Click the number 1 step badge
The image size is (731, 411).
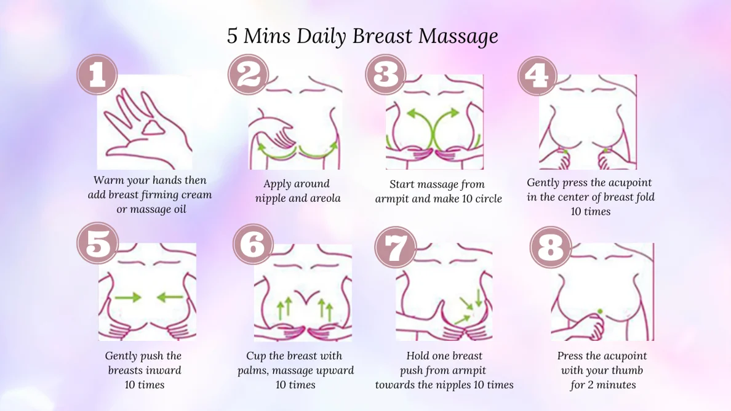point(97,74)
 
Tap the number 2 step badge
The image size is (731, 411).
point(249,74)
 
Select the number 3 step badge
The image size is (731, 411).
point(386,74)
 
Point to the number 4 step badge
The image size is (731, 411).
point(538,76)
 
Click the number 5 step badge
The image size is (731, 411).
point(97,243)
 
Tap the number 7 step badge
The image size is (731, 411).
point(395,247)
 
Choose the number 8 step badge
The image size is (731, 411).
point(551,247)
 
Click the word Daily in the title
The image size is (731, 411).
point(321,36)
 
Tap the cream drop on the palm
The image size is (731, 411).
point(153,127)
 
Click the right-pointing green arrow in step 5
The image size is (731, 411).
point(128,297)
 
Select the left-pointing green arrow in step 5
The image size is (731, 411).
point(170,297)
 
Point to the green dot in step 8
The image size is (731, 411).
point(599,311)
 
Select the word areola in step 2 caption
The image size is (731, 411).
point(324,199)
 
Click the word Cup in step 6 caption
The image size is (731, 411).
point(256,356)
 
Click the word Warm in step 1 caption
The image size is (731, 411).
point(105,180)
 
